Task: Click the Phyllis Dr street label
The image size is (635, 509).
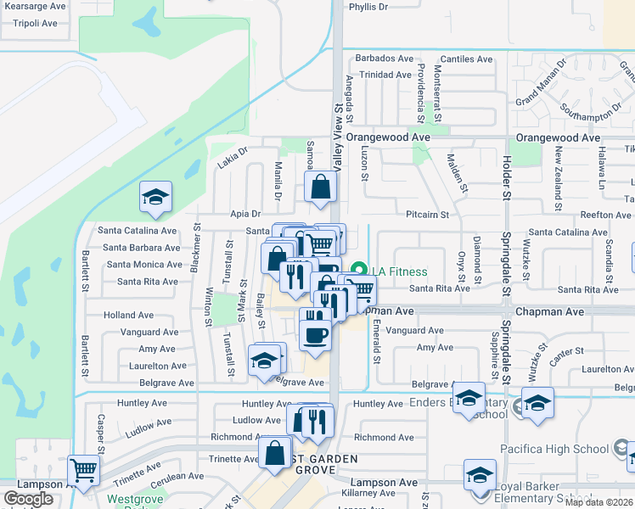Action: coord(368,7)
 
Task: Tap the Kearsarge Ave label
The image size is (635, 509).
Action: coord(33,6)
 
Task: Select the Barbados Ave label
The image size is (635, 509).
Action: coord(384,59)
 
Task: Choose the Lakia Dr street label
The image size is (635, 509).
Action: coord(231,154)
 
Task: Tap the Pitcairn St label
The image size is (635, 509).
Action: coord(427,215)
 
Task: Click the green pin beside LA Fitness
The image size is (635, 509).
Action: coord(358,271)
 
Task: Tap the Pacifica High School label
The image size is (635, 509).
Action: coord(560,449)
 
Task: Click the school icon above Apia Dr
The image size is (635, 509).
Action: coord(156,199)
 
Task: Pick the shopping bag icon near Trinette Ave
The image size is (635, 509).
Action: coord(275,453)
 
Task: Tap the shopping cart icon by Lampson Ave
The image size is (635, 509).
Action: coord(82,470)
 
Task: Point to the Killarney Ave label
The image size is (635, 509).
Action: coord(368,493)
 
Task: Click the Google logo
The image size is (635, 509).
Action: coord(28,499)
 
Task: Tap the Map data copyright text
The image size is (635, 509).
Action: coord(599,502)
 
